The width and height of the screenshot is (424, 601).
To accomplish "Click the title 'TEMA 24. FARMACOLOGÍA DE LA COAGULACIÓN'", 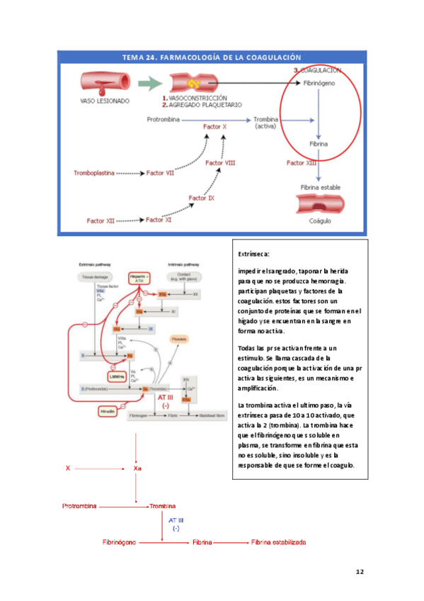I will (x=212, y=57).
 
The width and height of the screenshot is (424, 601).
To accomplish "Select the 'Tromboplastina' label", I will (x=94, y=172).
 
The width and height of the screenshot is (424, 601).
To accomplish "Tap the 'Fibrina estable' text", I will (x=321, y=187).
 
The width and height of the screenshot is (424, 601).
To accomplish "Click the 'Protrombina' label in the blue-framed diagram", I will (x=165, y=120).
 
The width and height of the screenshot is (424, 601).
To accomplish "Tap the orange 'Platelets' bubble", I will (x=181, y=340).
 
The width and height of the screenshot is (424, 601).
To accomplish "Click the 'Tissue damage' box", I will (x=98, y=277).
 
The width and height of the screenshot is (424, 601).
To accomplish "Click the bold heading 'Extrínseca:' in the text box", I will (x=255, y=254).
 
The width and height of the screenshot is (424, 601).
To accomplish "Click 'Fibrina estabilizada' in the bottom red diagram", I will (x=279, y=542).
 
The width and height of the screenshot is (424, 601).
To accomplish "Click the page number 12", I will (x=359, y=571).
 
